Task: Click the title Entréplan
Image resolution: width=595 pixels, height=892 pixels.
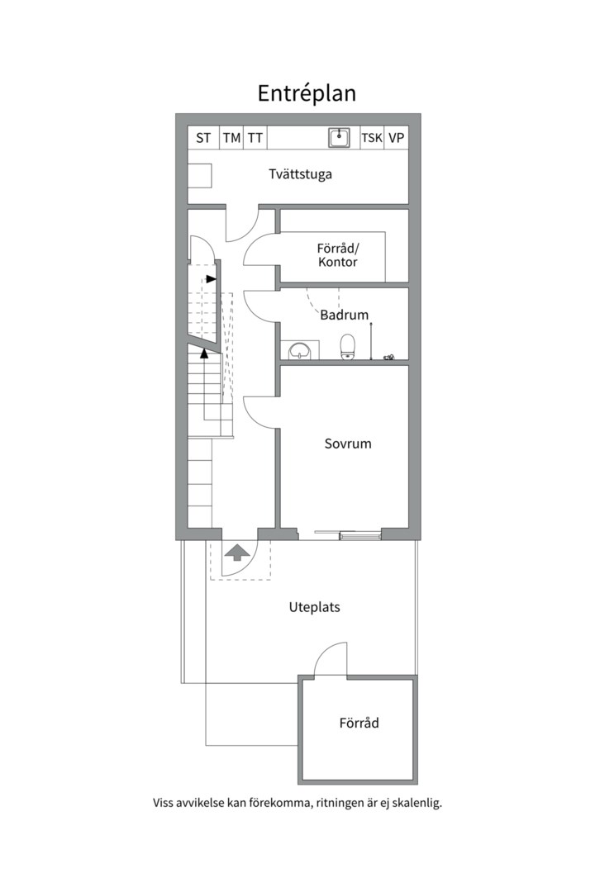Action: [307, 94]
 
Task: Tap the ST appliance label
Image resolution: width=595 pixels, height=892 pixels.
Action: [203, 138]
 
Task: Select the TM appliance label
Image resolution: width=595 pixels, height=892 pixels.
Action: [231, 138]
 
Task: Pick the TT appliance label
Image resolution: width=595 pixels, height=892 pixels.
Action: [255, 138]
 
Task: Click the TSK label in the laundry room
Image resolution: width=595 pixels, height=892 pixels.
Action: [372, 138]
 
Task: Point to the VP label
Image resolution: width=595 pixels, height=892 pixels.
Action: [397, 138]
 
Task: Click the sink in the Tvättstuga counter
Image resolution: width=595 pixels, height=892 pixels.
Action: [339, 138]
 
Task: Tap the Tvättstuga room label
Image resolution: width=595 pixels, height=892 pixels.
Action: [300, 174]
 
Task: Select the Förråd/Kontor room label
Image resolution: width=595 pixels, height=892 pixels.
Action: [338, 255]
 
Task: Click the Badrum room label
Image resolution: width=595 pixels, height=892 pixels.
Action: [344, 315]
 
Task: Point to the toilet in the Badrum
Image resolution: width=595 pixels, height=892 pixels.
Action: [347, 347]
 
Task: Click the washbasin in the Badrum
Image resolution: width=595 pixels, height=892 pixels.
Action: [299, 350]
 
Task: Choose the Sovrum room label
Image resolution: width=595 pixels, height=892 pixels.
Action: [348, 444]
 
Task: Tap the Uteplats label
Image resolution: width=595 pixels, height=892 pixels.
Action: [314, 608]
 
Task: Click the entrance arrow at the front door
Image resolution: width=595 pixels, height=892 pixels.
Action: [237, 553]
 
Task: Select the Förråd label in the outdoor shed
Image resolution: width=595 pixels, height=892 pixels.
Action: [359, 723]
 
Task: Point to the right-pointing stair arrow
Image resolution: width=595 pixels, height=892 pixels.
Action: [211, 279]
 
